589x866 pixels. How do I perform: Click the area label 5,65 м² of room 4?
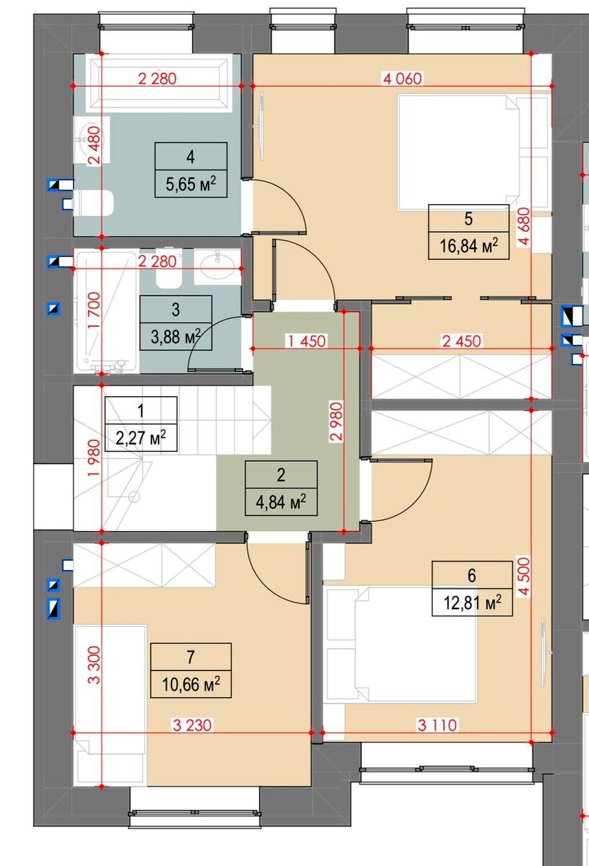click(x=191, y=184)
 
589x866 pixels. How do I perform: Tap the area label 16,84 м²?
click(x=468, y=245)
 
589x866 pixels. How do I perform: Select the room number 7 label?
click(x=191, y=657)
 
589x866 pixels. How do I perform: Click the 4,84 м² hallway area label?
click(x=281, y=502)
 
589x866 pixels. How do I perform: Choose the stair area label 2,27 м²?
click(x=141, y=438)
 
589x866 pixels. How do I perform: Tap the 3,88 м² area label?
click(x=175, y=337)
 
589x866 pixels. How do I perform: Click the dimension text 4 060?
click(x=402, y=79)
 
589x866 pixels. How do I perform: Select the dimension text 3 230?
click(x=192, y=725)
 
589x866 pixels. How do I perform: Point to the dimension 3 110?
click(x=437, y=725)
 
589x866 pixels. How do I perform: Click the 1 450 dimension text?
click(x=306, y=341)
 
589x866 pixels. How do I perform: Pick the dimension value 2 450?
click(x=462, y=341)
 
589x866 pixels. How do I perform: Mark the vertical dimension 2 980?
click(x=336, y=421)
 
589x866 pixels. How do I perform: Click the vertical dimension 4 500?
click(x=524, y=577)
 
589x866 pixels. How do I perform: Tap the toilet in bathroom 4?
click(x=93, y=203)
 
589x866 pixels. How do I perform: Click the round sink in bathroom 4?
click(x=92, y=139)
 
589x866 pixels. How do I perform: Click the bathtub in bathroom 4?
click(x=158, y=84)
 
